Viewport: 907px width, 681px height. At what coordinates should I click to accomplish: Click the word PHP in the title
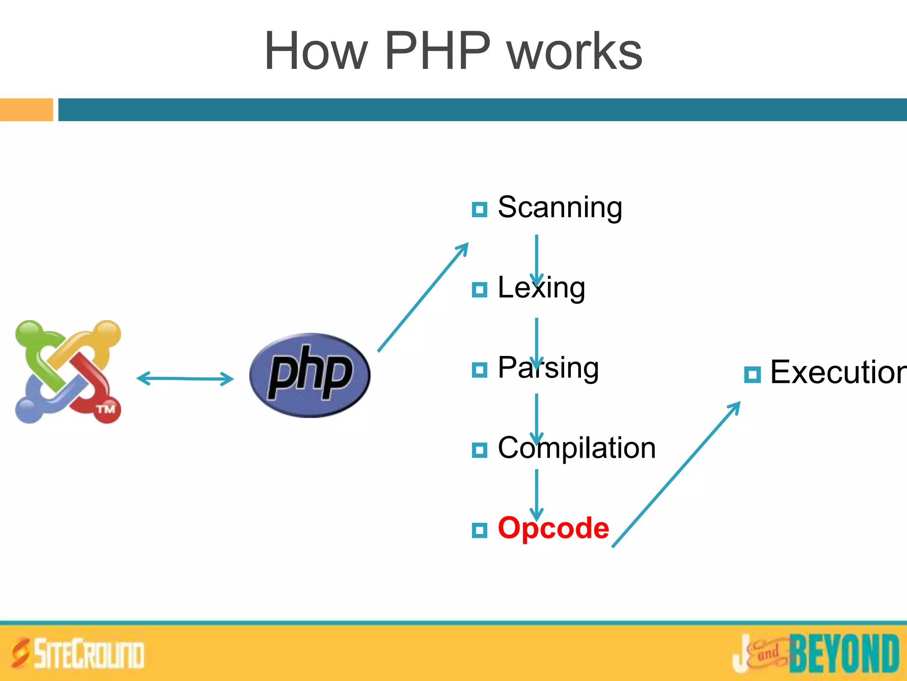click(438, 51)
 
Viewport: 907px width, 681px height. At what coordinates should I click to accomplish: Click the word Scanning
click(560, 207)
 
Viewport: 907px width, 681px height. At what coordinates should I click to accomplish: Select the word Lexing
click(541, 288)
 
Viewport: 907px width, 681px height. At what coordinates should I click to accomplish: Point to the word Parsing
click(548, 368)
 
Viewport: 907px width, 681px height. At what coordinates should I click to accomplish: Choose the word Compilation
click(577, 448)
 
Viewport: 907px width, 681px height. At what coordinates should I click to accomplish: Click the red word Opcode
click(554, 528)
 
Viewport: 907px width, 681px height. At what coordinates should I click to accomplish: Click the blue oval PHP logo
click(310, 375)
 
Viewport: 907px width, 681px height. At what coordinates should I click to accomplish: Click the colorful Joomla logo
click(68, 372)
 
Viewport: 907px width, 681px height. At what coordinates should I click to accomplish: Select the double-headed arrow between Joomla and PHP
click(185, 379)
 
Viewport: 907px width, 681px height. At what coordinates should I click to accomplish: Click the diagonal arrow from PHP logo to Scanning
click(423, 297)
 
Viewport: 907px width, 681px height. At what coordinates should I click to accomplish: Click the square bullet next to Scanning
click(479, 209)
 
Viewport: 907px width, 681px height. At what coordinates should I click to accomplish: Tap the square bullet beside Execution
click(752, 375)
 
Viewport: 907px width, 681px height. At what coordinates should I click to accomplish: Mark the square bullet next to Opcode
click(479, 530)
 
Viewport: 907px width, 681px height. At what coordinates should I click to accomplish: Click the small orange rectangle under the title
click(26, 110)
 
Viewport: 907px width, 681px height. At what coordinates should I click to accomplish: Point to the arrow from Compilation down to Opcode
click(536, 494)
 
